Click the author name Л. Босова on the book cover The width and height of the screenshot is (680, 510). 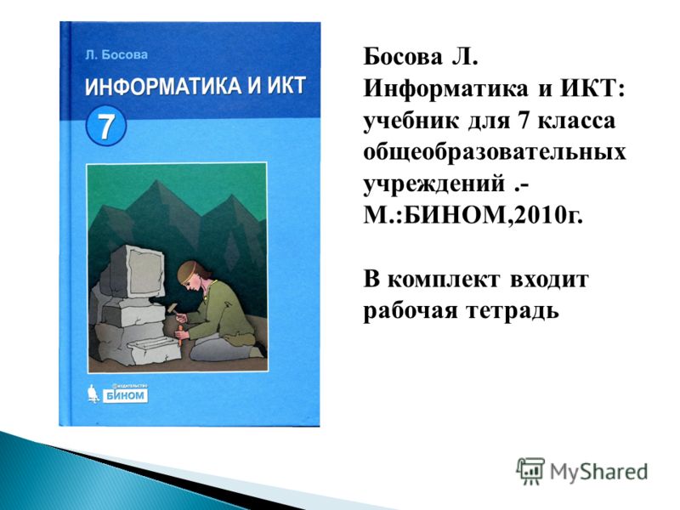pyautogui.click(x=116, y=54)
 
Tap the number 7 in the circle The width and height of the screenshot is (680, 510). pyautogui.click(x=106, y=126)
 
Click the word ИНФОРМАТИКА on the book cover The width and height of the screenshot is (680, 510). pyautogui.click(x=162, y=86)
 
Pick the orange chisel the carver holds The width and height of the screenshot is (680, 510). pyautogui.click(x=178, y=337)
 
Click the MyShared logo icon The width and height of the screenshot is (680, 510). pyautogui.click(x=530, y=471)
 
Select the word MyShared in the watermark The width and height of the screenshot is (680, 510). pyautogui.click(x=599, y=472)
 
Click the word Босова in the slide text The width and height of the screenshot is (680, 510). pyautogui.click(x=403, y=57)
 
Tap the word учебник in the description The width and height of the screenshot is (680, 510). pyautogui.click(x=411, y=121)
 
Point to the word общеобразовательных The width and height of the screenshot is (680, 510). pyautogui.click(x=495, y=153)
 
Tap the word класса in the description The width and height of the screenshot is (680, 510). pyautogui.click(x=576, y=122)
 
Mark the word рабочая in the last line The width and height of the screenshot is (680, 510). pyautogui.click(x=411, y=311)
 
